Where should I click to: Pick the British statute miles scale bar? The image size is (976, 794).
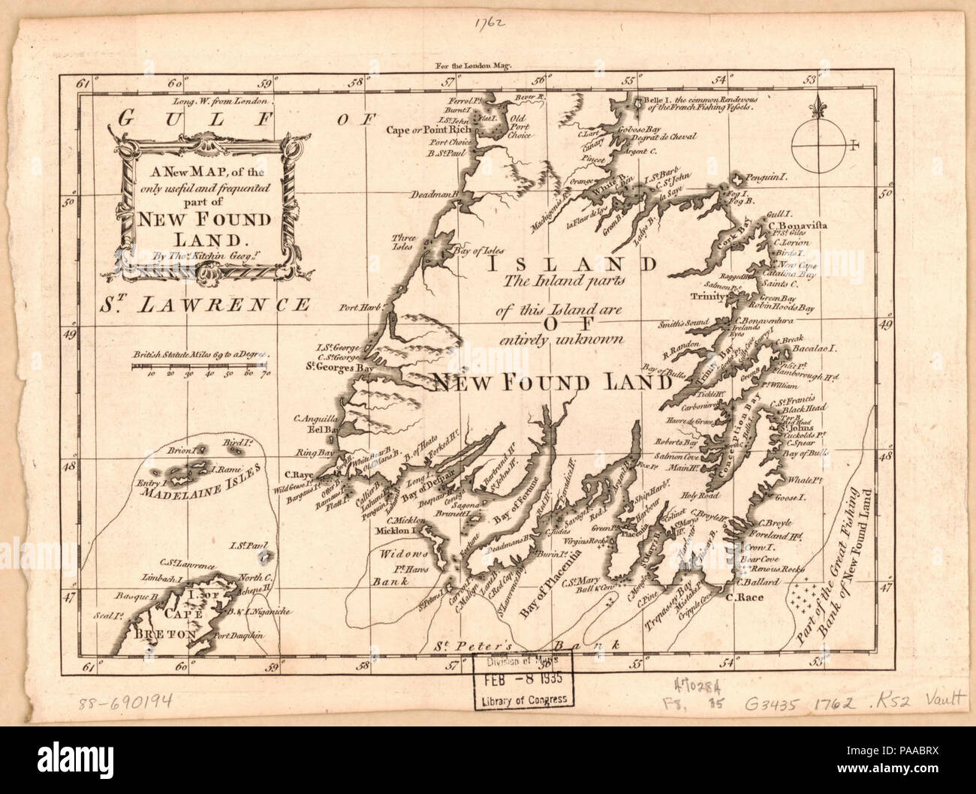click(x=200, y=366)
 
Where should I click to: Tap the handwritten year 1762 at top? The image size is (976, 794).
click(x=488, y=23)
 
